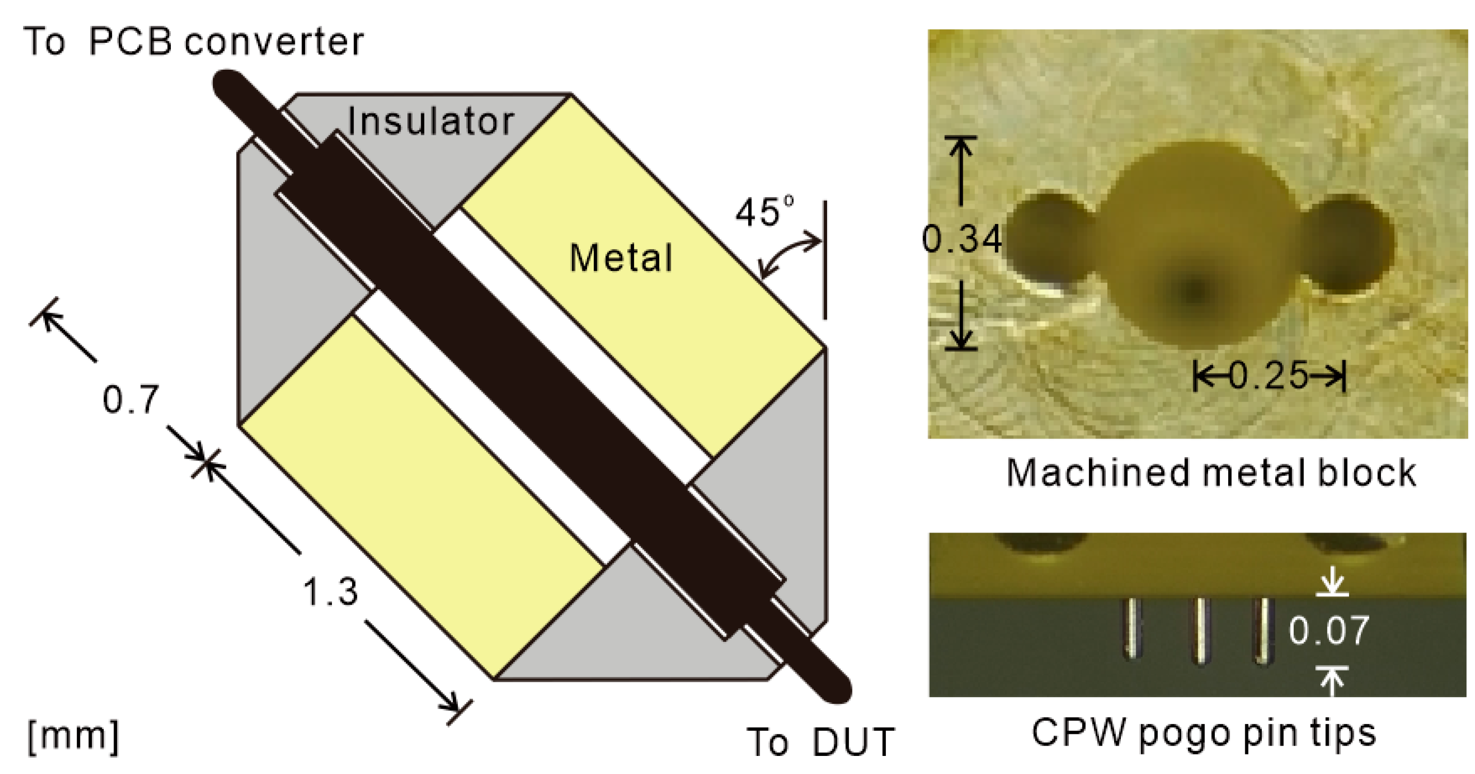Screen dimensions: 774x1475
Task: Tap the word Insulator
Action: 431,121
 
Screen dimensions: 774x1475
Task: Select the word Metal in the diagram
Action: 621,257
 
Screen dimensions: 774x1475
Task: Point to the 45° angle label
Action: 765,212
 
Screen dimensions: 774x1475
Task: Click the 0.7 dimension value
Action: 131,399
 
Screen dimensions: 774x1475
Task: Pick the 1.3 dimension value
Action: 330,591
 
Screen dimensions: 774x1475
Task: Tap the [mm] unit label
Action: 73,737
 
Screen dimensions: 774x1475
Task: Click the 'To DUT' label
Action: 820,743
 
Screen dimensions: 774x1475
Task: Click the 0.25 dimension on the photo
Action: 1269,376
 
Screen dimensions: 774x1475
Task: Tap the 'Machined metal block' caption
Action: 1211,473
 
